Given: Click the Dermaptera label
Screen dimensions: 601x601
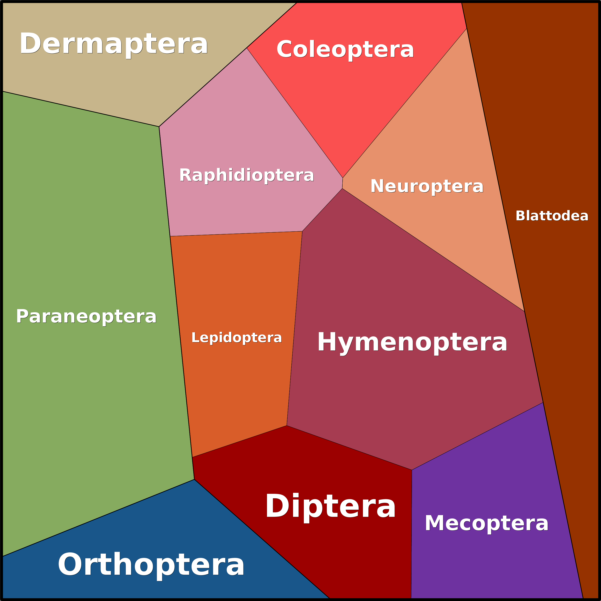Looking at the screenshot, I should point(114,44).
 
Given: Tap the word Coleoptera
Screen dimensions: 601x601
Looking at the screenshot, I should point(345,49).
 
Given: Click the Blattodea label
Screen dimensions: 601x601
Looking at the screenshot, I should point(552,216).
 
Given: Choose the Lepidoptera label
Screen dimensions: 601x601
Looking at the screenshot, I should point(236,338).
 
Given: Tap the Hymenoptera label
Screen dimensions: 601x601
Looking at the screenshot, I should point(412,342).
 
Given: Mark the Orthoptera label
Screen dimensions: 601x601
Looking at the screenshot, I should point(151,565).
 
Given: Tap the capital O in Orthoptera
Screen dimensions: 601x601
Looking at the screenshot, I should point(70,564).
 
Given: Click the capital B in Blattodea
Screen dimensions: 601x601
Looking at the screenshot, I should point(520,216).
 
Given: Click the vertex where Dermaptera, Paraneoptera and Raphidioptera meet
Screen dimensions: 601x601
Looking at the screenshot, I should point(159,127).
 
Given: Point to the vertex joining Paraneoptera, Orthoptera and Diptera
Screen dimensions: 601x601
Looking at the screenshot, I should point(194,479).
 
